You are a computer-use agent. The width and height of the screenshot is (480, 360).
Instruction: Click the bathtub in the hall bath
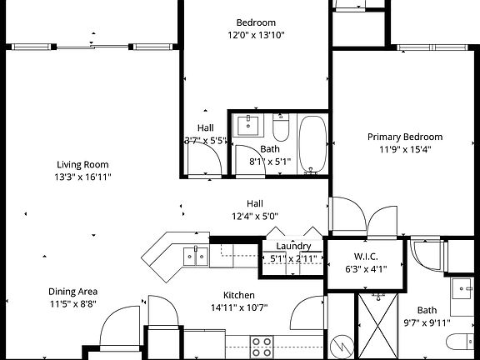click(x=313, y=145)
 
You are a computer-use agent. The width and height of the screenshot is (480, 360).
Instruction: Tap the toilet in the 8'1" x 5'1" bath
click(x=280, y=130)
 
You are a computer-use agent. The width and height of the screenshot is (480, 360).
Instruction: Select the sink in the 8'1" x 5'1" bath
click(x=248, y=126)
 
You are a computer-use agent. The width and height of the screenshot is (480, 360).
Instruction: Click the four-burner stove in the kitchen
click(x=262, y=346)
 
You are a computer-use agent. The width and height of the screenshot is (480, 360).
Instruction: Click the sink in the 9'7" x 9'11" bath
click(x=464, y=289)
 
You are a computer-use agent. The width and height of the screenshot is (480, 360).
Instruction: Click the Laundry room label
click(x=293, y=246)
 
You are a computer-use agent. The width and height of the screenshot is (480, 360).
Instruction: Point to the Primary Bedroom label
click(x=405, y=137)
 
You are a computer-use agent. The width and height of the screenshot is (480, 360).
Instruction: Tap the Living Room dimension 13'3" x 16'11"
click(x=83, y=177)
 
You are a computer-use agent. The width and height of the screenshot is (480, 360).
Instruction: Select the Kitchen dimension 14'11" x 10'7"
click(x=238, y=307)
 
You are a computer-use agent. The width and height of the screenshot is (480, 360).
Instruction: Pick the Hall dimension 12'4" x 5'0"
click(x=254, y=216)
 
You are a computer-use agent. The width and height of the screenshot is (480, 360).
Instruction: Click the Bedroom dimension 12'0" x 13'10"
click(x=256, y=35)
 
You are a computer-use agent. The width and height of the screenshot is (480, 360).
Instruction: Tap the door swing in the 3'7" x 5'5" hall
click(x=202, y=158)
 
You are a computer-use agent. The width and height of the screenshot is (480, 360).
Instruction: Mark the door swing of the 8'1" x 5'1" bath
click(x=247, y=162)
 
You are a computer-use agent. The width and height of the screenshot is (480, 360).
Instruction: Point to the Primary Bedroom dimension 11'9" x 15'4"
click(x=405, y=150)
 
